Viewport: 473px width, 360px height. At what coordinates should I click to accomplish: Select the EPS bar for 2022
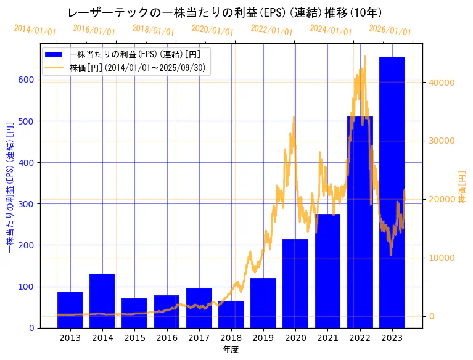pyautogui.click(x=360, y=222)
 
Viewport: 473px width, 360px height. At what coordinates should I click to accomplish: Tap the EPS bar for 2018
pyautogui.click(x=231, y=314)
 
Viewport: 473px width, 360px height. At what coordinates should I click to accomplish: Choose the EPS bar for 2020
pyautogui.click(x=295, y=284)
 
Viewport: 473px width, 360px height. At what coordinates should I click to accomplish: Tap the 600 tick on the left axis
pyautogui.click(x=28, y=80)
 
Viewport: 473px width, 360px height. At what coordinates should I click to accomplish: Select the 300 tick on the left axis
pyautogui.click(x=28, y=204)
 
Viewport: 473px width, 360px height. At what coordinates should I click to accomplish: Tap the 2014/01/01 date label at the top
pyautogui.click(x=35, y=30)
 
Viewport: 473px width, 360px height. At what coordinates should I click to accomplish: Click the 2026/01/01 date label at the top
pyautogui.click(x=390, y=30)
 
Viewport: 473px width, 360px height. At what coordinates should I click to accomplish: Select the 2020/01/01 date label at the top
pyautogui.click(x=212, y=30)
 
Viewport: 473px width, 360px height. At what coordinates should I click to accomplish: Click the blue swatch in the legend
pyautogui.click(x=54, y=55)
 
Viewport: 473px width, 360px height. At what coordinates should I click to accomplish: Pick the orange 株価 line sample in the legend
pyautogui.click(x=54, y=67)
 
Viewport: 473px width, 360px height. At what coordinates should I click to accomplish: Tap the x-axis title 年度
pyautogui.click(x=231, y=350)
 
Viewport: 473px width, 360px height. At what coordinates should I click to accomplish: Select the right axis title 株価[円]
pyautogui.click(x=462, y=187)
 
